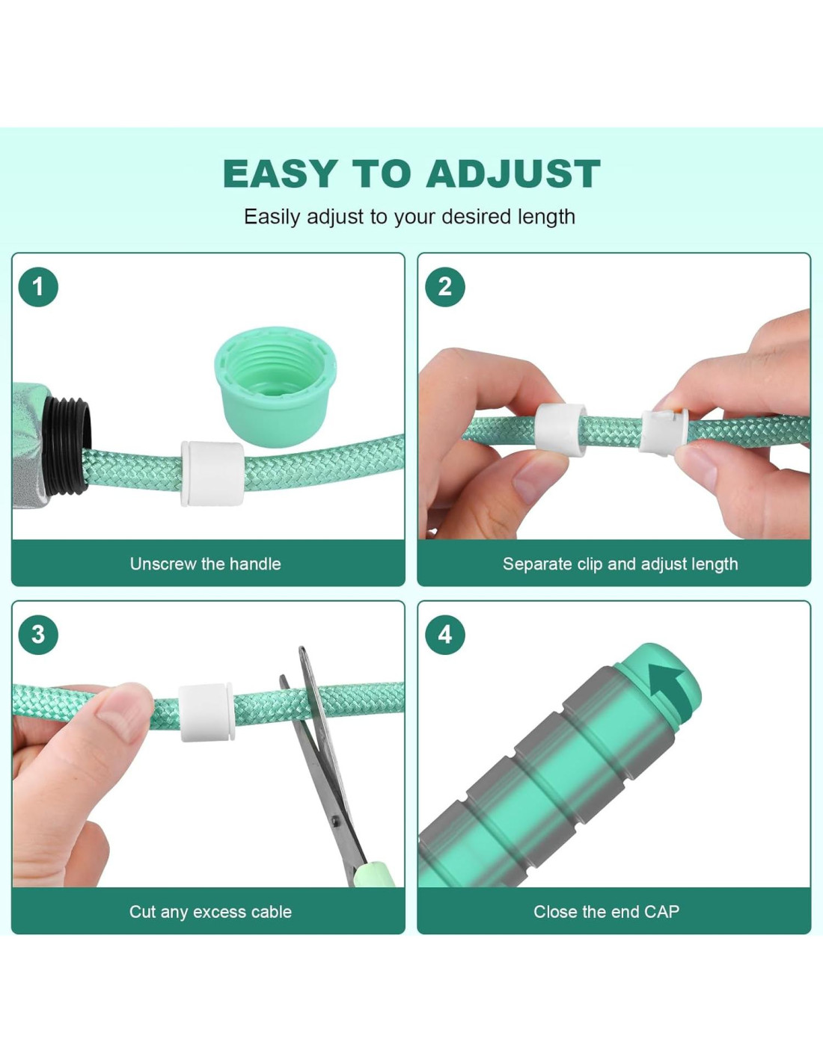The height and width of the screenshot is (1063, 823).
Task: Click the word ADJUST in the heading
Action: (x=513, y=173)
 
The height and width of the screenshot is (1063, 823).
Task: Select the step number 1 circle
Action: (x=38, y=287)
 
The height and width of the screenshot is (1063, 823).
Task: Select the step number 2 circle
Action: (x=445, y=287)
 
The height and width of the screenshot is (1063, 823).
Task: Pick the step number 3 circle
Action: (x=38, y=635)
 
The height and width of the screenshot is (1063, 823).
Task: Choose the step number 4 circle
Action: (x=445, y=635)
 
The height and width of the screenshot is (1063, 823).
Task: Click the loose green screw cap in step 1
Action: (x=275, y=380)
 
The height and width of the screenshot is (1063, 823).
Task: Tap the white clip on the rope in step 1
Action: (x=212, y=473)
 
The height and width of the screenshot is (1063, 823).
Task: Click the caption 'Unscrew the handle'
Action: (x=206, y=564)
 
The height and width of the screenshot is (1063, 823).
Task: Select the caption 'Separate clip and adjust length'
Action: (x=620, y=564)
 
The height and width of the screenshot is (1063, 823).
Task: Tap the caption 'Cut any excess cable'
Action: (x=210, y=912)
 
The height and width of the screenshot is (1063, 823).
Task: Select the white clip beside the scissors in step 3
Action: (x=206, y=712)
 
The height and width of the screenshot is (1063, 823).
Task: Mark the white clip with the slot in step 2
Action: (x=664, y=432)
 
